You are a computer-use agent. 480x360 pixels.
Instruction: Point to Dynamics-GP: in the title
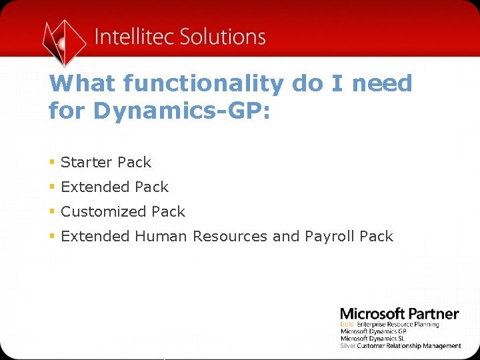click(x=181, y=110)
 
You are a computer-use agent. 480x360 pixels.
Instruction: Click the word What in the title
click(x=83, y=85)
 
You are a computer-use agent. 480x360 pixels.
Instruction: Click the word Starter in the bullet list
click(x=87, y=163)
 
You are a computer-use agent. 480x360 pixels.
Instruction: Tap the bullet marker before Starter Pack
click(x=52, y=162)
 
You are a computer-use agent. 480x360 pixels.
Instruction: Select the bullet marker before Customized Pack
click(x=52, y=211)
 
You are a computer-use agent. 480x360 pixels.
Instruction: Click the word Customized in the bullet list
click(x=103, y=212)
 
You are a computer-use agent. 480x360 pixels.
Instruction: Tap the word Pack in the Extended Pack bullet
click(x=153, y=187)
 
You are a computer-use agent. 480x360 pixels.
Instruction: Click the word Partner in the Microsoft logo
click(x=433, y=314)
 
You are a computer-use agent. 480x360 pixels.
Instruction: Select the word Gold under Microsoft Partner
click(x=346, y=325)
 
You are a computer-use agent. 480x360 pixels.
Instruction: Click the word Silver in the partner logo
click(x=347, y=346)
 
